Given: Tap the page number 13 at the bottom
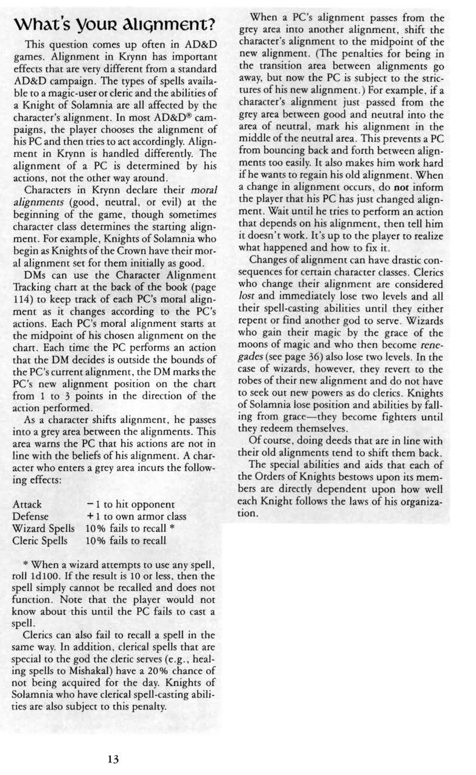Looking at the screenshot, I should pyautogui.click(x=113, y=758).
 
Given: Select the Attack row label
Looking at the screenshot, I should pyautogui.click(x=27, y=504).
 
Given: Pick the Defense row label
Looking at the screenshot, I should pyautogui.click(x=30, y=516).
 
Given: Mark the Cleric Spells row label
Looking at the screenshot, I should pyautogui.click(x=40, y=540).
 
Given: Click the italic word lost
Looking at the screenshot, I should pyautogui.click(x=247, y=296).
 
